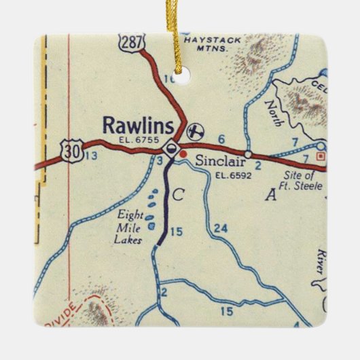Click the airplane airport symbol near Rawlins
pyautogui.click(x=196, y=129)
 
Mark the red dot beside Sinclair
pyautogui.click(x=183, y=154)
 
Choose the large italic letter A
pyautogui.click(x=272, y=196)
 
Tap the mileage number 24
pyautogui.click(x=217, y=227)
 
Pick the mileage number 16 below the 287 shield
pyautogui.click(x=170, y=79)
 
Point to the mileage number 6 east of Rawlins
pyautogui.click(x=221, y=139)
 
